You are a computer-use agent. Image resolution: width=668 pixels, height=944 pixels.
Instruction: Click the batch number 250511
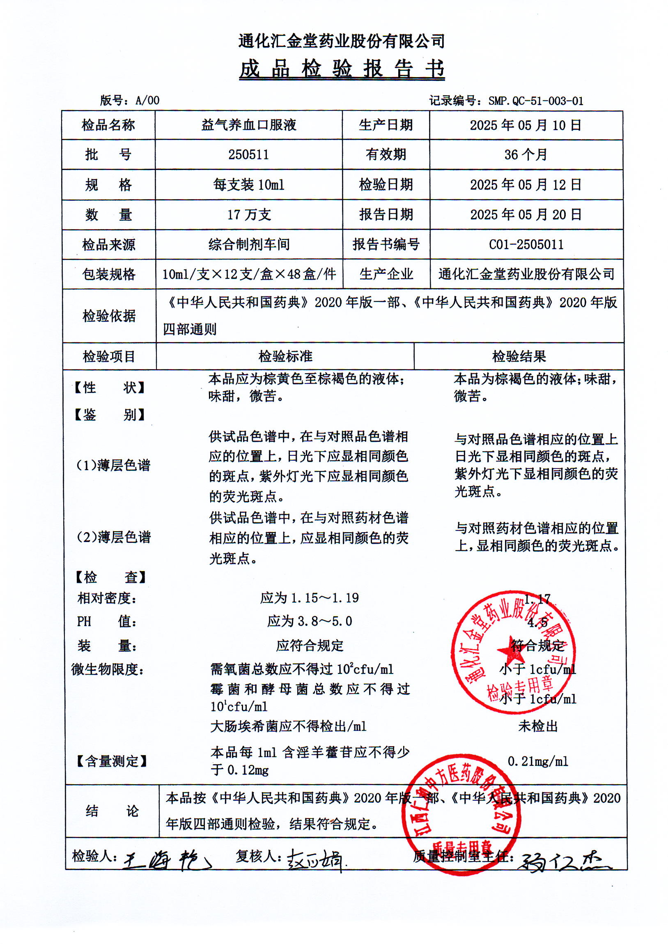(x=248, y=155)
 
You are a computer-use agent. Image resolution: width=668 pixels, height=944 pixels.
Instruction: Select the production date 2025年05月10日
(x=526, y=126)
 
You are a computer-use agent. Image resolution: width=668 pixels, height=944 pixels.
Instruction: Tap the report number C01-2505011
(x=526, y=245)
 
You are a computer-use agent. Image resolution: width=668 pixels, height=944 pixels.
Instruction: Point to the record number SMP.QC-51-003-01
(x=535, y=101)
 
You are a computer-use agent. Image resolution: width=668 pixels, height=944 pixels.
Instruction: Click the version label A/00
(x=147, y=100)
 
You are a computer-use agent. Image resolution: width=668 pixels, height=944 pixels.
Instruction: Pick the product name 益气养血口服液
(x=248, y=125)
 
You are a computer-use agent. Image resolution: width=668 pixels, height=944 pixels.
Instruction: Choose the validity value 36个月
(x=526, y=155)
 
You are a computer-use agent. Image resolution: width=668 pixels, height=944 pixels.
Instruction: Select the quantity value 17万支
(x=249, y=215)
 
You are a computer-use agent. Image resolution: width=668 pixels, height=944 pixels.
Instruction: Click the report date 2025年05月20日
(x=526, y=215)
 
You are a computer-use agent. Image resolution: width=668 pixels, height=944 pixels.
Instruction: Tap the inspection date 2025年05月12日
(x=526, y=185)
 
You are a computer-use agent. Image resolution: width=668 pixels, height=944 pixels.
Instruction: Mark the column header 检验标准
(x=285, y=356)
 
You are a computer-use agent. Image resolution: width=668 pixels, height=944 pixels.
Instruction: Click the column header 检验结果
(x=519, y=356)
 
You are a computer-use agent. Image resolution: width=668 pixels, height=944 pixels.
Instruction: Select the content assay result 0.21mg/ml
(x=537, y=761)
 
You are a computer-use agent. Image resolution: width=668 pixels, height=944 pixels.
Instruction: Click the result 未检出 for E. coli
(x=537, y=726)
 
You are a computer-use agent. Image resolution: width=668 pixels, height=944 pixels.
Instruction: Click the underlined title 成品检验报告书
(x=342, y=69)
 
